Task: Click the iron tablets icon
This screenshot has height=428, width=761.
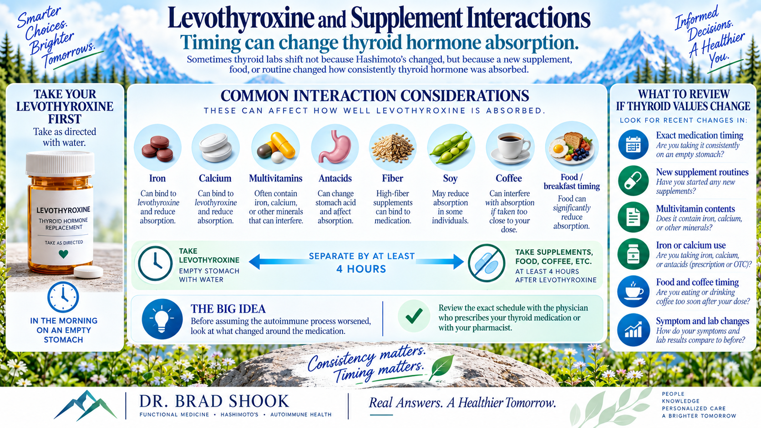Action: (157, 148)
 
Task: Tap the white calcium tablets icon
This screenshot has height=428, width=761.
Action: (216, 147)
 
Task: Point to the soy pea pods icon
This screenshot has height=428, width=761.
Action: (451, 148)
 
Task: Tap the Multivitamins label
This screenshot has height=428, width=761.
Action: (275, 178)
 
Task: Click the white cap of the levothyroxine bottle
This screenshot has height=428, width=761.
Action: (61, 164)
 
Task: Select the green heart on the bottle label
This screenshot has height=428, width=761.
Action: (64, 253)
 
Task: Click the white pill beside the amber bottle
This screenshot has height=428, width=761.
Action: (88, 272)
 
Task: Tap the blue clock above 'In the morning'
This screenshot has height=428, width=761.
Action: (63, 297)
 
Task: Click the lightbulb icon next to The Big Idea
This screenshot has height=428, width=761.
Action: (162, 319)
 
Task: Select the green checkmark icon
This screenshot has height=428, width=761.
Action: (414, 316)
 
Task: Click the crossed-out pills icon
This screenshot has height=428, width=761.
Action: (487, 263)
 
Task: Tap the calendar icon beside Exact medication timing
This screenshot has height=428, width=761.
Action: (633, 145)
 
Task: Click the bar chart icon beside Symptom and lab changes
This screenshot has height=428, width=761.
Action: (633, 330)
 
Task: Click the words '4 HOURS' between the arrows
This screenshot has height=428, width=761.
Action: (361, 269)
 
